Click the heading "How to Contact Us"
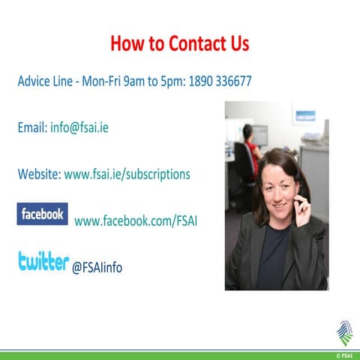pos(179,43)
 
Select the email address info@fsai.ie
pos(79,127)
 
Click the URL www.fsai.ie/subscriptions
pos(127,174)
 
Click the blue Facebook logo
pos(42,214)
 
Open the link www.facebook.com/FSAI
pos(136,221)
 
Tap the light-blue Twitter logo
pos(43,262)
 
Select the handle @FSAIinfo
pos(97,267)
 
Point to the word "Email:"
pos(32,127)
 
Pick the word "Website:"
pos(39,174)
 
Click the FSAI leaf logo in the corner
pos(343,333)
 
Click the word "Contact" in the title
pos(196,43)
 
